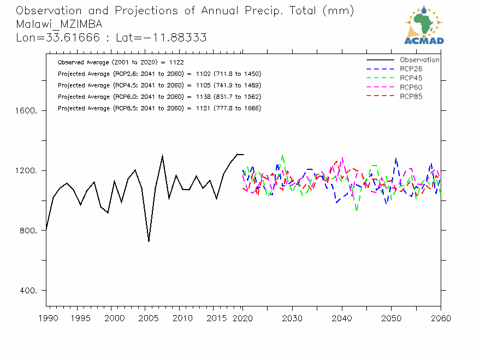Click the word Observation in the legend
point(419,60)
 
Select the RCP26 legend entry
point(411,69)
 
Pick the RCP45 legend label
point(411,78)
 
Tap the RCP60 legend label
point(411,87)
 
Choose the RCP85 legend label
point(411,97)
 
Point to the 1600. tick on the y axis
point(26,110)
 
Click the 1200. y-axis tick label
point(26,170)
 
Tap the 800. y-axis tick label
point(28,231)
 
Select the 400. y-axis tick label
point(28,291)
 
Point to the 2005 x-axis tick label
point(146,318)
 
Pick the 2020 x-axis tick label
point(242,318)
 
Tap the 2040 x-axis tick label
point(342,318)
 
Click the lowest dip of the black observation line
point(149,241)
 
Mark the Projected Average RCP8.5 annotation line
point(159,108)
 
